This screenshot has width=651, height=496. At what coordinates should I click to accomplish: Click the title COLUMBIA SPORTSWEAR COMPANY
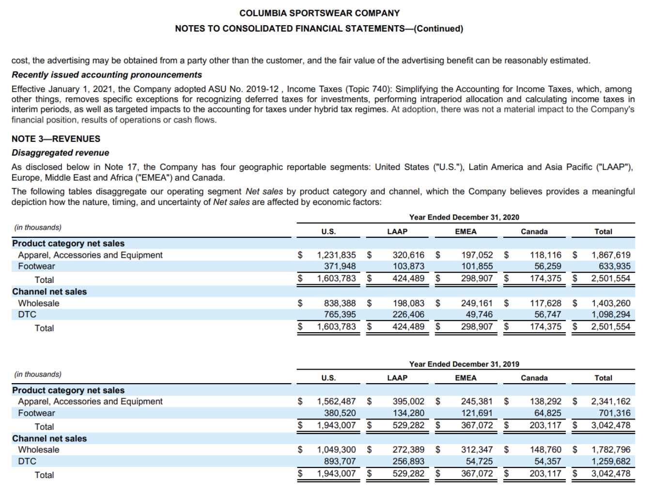[x=319, y=13]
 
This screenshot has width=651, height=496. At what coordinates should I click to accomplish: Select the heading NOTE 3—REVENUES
[x=56, y=139]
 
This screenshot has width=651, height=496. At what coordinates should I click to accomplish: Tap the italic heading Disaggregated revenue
[x=60, y=153]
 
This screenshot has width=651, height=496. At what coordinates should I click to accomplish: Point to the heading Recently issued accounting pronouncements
[x=107, y=75]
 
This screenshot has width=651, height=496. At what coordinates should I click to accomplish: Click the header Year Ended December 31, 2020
[x=464, y=217]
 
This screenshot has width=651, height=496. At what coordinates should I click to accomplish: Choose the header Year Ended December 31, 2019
[x=464, y=364]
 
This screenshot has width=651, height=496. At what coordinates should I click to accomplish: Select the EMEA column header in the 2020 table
[x=465, y=232]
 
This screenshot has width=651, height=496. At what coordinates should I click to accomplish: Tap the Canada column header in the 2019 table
[x=534, y=378]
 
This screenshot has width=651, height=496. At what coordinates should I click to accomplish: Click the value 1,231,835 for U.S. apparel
[x=336, y=255]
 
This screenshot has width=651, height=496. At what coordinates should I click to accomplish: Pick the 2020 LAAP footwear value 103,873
[x=408, y=266]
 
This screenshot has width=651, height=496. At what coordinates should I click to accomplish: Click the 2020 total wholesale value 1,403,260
[x=611, y=303]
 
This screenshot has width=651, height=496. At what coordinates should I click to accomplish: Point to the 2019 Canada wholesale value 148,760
[x=545, y=449]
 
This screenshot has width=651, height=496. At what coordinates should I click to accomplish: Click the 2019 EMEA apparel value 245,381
[x=477, y=401]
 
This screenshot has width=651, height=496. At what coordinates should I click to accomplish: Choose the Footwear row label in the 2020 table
[x=36, y=266]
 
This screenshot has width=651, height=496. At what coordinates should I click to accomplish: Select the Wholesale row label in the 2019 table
[x=39, y=449]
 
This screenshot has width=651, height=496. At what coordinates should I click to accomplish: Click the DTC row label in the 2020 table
[x=27, y=314]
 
